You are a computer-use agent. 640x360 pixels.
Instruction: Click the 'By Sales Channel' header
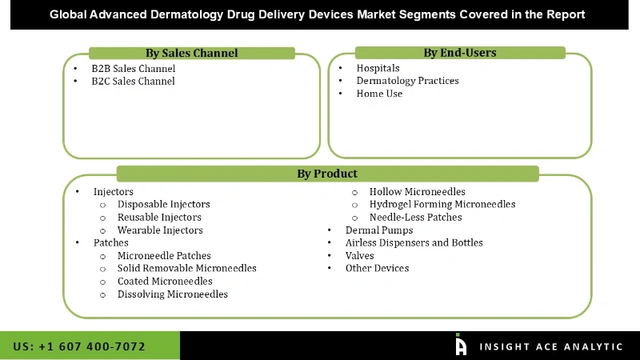(x=191, y=54)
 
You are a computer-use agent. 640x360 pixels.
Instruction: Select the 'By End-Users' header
(x=459, y=53)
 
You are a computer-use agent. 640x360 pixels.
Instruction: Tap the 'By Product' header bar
(x=327, y=174)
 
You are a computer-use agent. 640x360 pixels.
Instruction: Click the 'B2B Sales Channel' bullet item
(x=133, y=69)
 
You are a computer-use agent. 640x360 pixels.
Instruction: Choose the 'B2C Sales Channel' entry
(x=133, y=82)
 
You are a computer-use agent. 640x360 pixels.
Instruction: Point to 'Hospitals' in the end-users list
(x=378, y=69)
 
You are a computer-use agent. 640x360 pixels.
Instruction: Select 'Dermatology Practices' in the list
(x=407, y=81)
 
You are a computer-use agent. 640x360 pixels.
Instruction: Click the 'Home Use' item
(x=379, y=94)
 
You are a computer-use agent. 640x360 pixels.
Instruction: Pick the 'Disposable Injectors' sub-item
(x=163, y=205)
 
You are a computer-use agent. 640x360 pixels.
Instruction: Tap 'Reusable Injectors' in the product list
(x=159, y=218)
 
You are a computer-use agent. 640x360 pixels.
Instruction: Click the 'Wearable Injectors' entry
(x=160, y=230)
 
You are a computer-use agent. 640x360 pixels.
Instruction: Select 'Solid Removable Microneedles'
(x=186, y=269)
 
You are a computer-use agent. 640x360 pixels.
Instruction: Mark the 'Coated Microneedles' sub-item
(x=165, y=282)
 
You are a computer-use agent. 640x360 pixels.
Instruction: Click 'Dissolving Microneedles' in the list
(x=172, y=294)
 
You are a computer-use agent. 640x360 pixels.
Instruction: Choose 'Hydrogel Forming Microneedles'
(x=442, y=205)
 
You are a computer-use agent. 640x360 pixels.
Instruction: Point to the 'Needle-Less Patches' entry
(x=415, y=218)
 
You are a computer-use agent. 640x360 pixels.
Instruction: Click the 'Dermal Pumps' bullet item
(x=379, y=230)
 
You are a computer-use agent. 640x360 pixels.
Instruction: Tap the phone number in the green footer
(x=79, y=346)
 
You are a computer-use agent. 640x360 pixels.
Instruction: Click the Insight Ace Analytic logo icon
(x=461, y=345)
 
